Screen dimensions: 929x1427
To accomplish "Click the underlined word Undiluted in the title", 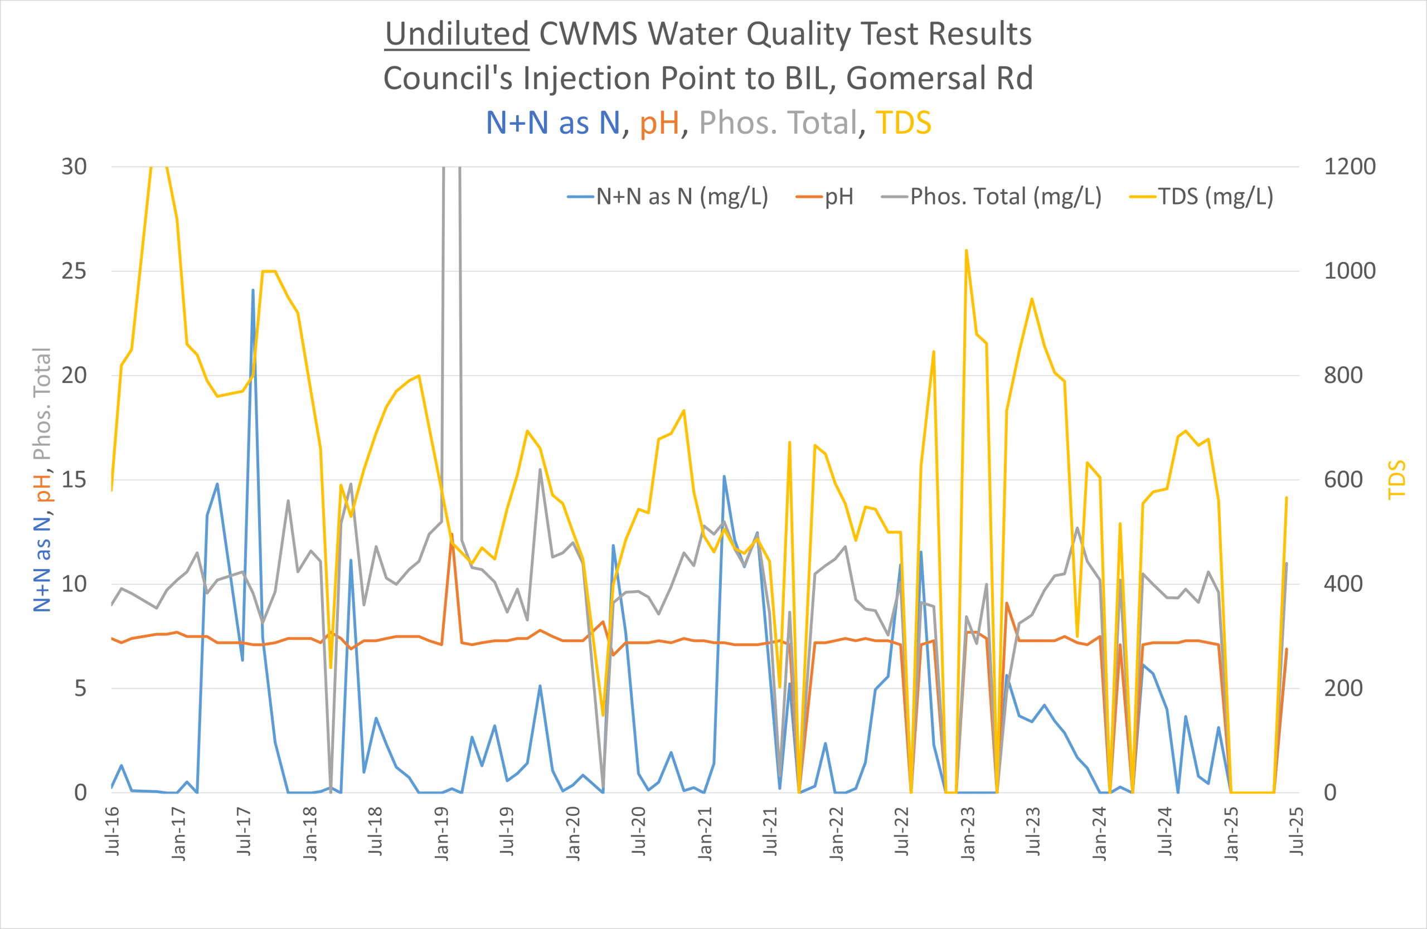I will [457, 34].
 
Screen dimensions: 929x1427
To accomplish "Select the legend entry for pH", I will [838, 197].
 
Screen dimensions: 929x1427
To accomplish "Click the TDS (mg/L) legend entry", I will [1215, 197].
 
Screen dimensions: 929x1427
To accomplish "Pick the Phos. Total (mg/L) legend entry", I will [1006, 197].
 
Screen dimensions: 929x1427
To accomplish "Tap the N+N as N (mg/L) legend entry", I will [682, 197].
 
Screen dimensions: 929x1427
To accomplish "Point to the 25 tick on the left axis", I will [74, 271].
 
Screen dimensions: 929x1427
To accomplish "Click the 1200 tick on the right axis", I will [1350, 167].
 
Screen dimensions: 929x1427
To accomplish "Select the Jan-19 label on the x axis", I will [441, 834].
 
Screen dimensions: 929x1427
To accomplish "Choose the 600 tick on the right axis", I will [1343, 480].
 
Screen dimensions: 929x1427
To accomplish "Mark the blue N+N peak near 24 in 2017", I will [253, 290].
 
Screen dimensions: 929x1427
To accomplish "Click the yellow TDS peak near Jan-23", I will [967, 251].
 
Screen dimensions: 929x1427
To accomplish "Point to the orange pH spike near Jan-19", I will [452, 534].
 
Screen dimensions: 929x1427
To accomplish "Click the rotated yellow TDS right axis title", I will [1397, 479].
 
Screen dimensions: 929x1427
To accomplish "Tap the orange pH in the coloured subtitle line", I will [659, 123].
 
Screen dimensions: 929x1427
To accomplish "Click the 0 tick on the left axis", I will [80, 793].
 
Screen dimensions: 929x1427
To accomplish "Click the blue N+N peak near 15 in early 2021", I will [724, 476].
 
